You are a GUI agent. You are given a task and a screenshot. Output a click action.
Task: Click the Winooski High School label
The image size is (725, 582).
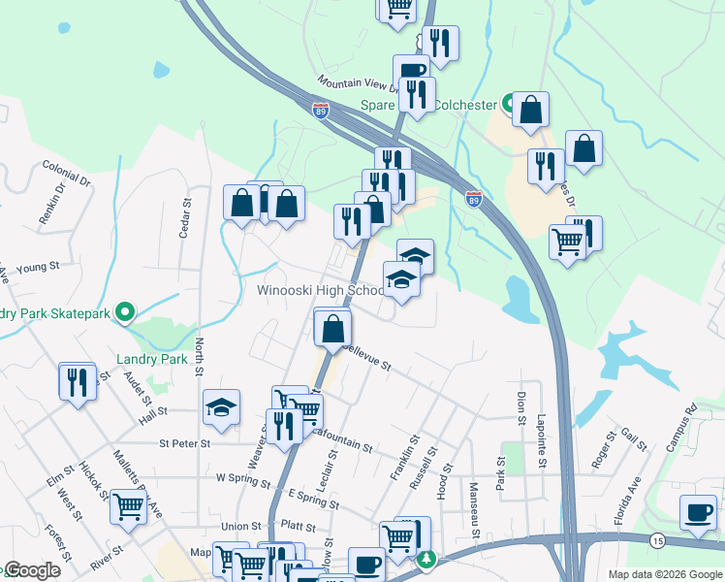[x=320, y=291]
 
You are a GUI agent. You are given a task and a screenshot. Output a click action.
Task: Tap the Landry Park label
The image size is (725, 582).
[x=151, y=359]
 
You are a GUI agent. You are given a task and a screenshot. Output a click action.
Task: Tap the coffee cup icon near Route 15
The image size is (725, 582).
[x=698, y=511]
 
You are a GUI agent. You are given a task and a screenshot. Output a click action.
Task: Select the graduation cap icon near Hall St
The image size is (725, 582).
[x=221, y=407]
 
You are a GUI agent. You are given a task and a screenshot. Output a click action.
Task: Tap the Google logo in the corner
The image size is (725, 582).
[x=31, y=570]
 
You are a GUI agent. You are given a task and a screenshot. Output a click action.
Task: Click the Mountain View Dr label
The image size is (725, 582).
[x=353, y=85]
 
